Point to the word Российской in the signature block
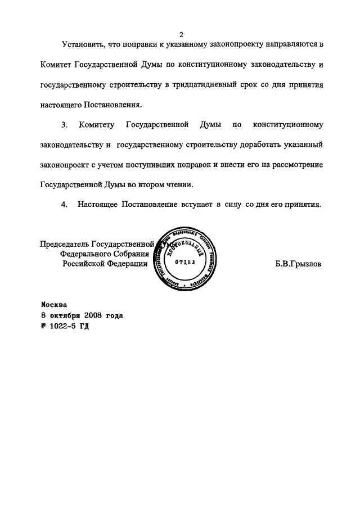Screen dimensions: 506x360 coord(83,263)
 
